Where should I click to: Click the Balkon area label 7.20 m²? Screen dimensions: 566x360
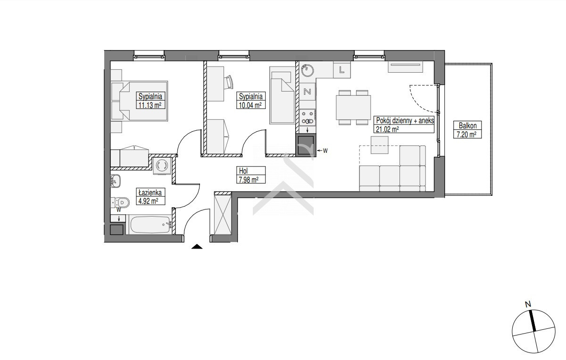point(467,130)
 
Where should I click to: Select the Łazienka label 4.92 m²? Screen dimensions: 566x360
point(150,196)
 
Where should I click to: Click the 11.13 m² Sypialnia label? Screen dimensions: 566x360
point(150,100)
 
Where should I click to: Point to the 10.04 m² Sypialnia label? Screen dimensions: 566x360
point(251,100)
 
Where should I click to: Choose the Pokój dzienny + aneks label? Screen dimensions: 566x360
point(404,125)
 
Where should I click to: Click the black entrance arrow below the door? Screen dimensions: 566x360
point(197,247)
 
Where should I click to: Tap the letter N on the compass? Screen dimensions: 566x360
point(528,305)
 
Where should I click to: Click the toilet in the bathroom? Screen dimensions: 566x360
point(121,202)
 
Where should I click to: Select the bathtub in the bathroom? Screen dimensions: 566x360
point(151,225)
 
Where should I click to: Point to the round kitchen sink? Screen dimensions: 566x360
point(307,70)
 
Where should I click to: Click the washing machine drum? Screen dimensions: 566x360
point(162,166)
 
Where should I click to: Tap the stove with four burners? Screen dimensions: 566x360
point(307,117)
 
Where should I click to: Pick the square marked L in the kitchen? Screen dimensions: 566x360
point(342,70)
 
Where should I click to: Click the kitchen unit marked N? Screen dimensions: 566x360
point(307,91)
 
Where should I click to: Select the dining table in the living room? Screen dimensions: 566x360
point(353,108)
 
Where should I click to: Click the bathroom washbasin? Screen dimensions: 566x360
point(116,181)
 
